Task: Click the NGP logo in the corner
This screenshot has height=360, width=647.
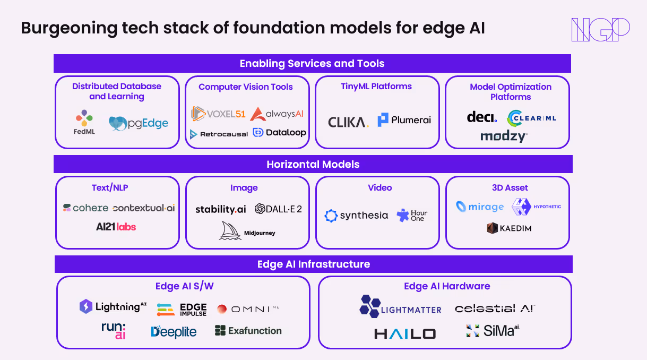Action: pyautogui.click(x=600, y=29)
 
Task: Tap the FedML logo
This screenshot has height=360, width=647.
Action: pyautogui.click(x=84, y=122)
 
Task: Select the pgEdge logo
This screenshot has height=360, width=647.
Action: pyautogui.click(x=139, y=124)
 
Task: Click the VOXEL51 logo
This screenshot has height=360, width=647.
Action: pyautogui.click(x=218, y=114)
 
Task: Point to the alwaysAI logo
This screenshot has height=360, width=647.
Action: pyautogui.click(x=278, y=114)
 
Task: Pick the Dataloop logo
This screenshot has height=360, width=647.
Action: pyautogui.click(x=280, y=133)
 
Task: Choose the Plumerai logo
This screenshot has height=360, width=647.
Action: pyautogui.click(x=404, y=120)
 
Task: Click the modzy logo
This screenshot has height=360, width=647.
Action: pyautogui.click(x=504, y=136)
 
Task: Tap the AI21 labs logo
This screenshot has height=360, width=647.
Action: pyautogui.click(x=116, y=227)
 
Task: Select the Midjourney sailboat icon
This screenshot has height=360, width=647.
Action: pyautogui.click(x=230, y=231)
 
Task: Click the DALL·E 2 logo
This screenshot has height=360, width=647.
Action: pyautogui.click(x=278, y=209)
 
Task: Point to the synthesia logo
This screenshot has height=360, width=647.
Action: pyautogui.click(x=356, y=216)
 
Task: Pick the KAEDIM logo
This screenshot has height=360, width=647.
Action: pyautogui.click(x=508, y=228)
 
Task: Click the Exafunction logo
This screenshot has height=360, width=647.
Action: pyautogui.click(x=248, y=331)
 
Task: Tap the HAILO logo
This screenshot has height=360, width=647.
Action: pyautogui.click(x=405, y=333)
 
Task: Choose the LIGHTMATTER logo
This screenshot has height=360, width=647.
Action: pyautogui.click(x=400, y=306)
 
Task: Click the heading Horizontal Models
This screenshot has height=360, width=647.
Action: pyautogui.click(x=313, y=164)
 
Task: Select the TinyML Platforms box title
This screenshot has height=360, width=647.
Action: pyautogui.click(x=376, y=86)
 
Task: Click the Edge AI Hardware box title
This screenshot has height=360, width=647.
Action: pyautogui.click(x=447, y=286)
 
